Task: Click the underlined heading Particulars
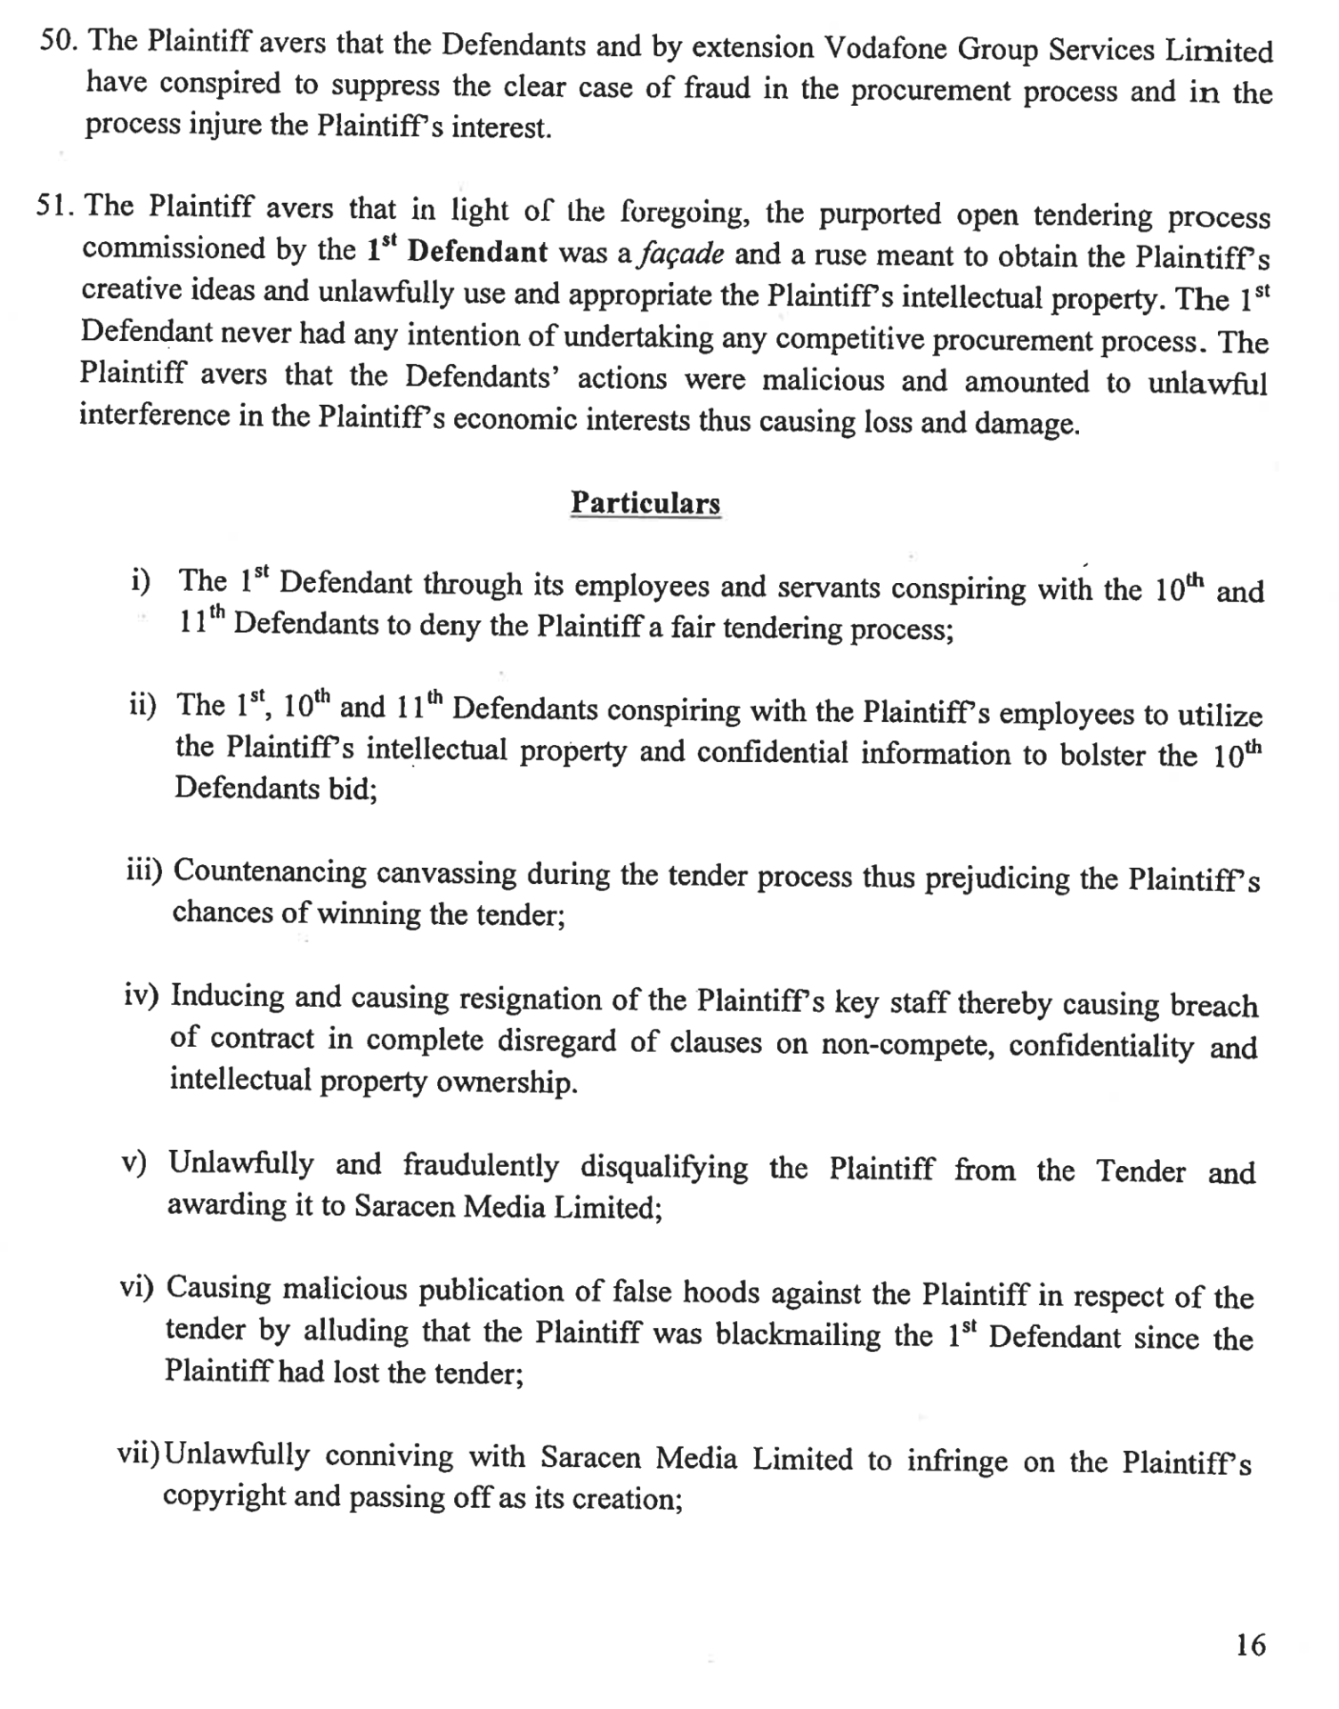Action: pyautogui.click(x=645, y=503)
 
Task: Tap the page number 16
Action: pyautogui.click(x=1250, y=1645)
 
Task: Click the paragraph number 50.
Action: pyautogui.click(x=61, y=41)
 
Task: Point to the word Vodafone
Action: pyautogui.click(x=883, y=48)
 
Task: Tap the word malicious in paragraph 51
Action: pyautogui.click(x=824, y=380)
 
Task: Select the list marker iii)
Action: pyautogui.click(x=144, y=871)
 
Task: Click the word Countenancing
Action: pyautogui.click(x=270, y=871)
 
